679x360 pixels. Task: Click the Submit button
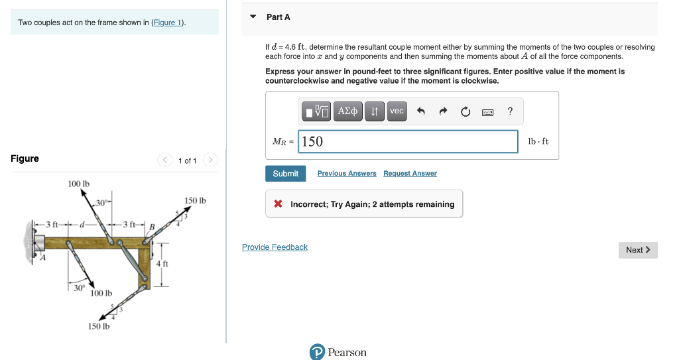pyautogui.click(x=286, y=174)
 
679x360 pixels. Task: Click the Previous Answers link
pyautogui.click(x=347, y=174)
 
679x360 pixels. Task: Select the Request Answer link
pyautogui.click(x=410, y=174)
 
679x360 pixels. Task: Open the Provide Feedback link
pyautogui.click(x=275, y=247)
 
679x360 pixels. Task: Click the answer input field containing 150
pyautogui.click(x=408, y=141)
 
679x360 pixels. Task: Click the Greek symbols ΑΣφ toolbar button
pyautogui.click(x=349, y=111)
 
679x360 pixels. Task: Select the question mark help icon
pyautogui.click(x=509, y=111)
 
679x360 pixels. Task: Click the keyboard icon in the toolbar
pyautogui.click(x=487, y=112)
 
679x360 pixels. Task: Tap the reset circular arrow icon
pyautogui.click(x=465, y=112)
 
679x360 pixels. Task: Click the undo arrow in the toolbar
pyautogui.click(x=420, y=112)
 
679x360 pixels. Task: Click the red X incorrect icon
pyautogui.click(x=278, y=204)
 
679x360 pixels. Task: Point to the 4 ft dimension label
pyautogui.click(x=162, y=264)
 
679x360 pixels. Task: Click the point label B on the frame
pyautogui.click(x=151, y=227)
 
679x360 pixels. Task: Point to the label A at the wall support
pyautogui.click(x=43, y=258)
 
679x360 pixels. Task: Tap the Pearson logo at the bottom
pyautogui.click(x=338, y=352)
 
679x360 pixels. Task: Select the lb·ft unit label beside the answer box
pyautogui.click(x=538, y=141)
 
